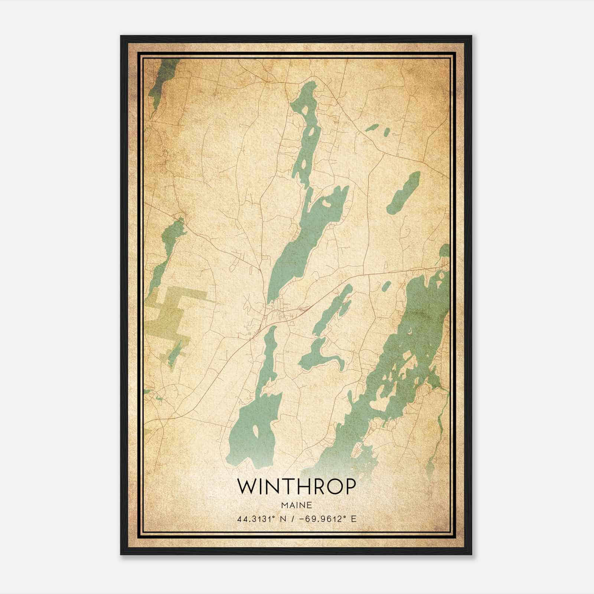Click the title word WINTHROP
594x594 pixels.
click(296, 487)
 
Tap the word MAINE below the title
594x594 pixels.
click(296, 505)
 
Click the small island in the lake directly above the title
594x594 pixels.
click(255, 431)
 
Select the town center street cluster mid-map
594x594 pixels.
click(277, 312)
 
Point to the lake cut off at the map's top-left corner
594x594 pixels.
click(161, 78)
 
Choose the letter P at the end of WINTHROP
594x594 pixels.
click(349, 487)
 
